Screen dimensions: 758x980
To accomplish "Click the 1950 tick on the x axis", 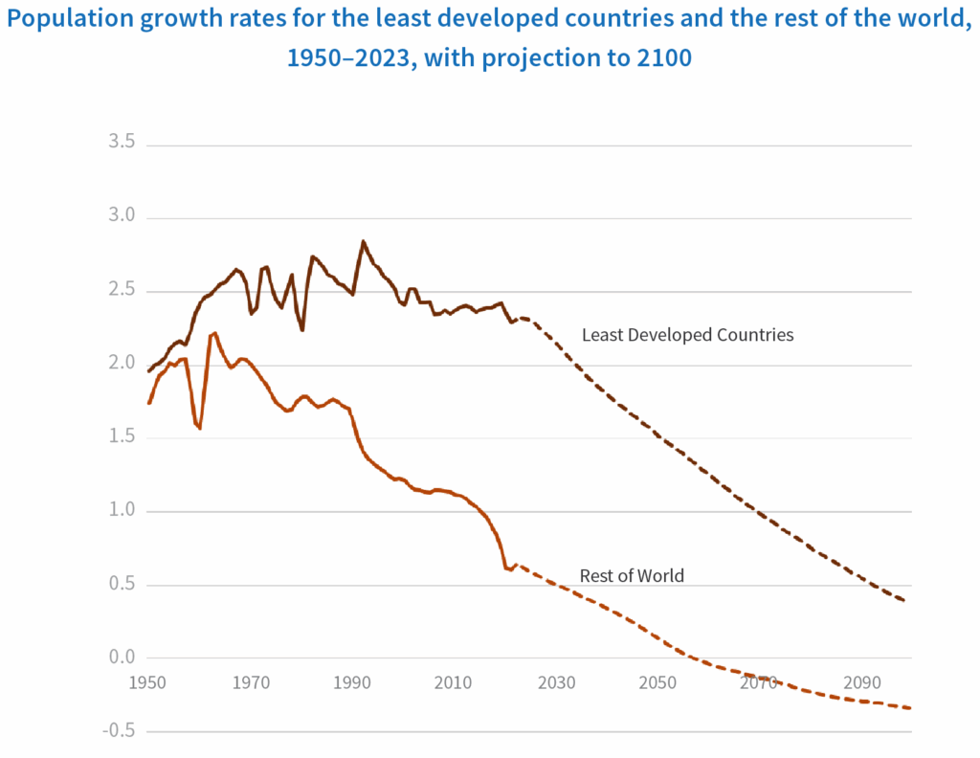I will tap(147, 683).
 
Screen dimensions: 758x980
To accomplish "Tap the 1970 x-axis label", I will tap(250, 683).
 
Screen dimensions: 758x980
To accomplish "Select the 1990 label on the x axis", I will tap(352, 683).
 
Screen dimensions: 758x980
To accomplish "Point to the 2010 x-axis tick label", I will tap(454, 683).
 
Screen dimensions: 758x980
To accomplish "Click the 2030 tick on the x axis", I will tap(556, 683).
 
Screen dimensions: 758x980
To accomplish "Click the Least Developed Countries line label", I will tap(687, 335).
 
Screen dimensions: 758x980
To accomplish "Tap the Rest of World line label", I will tap(632, 576).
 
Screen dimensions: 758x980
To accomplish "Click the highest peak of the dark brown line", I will tap(364, 241).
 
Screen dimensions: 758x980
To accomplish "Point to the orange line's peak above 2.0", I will tap(214, 333).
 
